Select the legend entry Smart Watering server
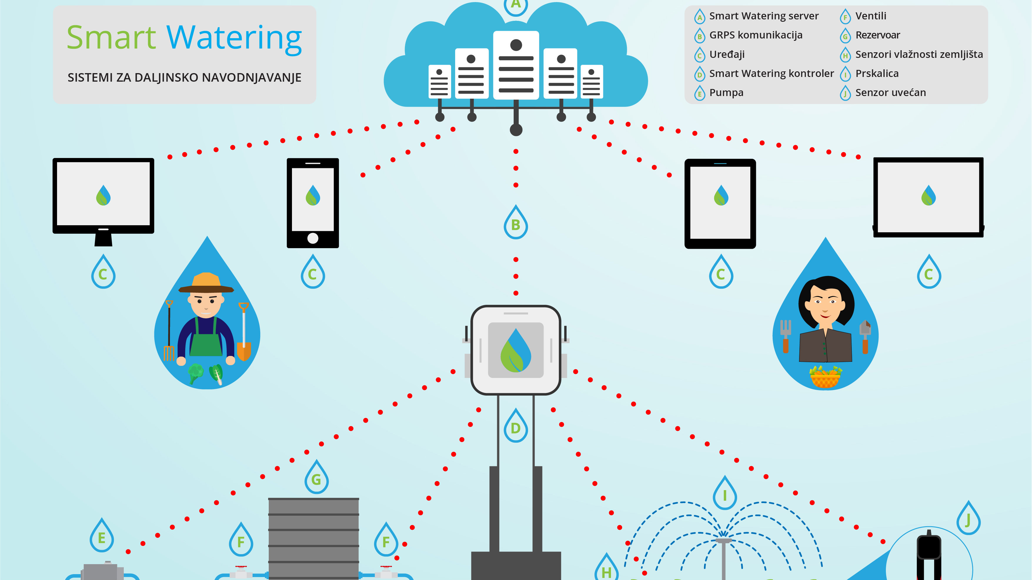[x=764, y=16]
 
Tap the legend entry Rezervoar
[x=877, y=35]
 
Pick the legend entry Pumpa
[x=726, y=93]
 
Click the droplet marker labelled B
[x=516, y=223]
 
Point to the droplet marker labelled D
[x=516, y=427]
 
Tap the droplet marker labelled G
[x=316, y=478]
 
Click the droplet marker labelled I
[x=725, y=494]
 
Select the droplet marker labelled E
[x=102, y=536]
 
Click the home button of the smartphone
[x=313, y=238]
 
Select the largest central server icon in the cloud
[x=516, y=65]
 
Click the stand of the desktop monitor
[x=103, y=239]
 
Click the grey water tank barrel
[x=313, y=538]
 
